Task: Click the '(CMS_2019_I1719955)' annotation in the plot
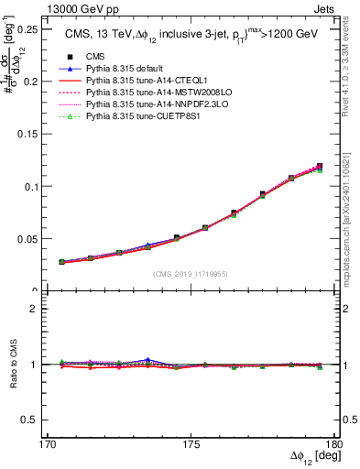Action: pos(191,273)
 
